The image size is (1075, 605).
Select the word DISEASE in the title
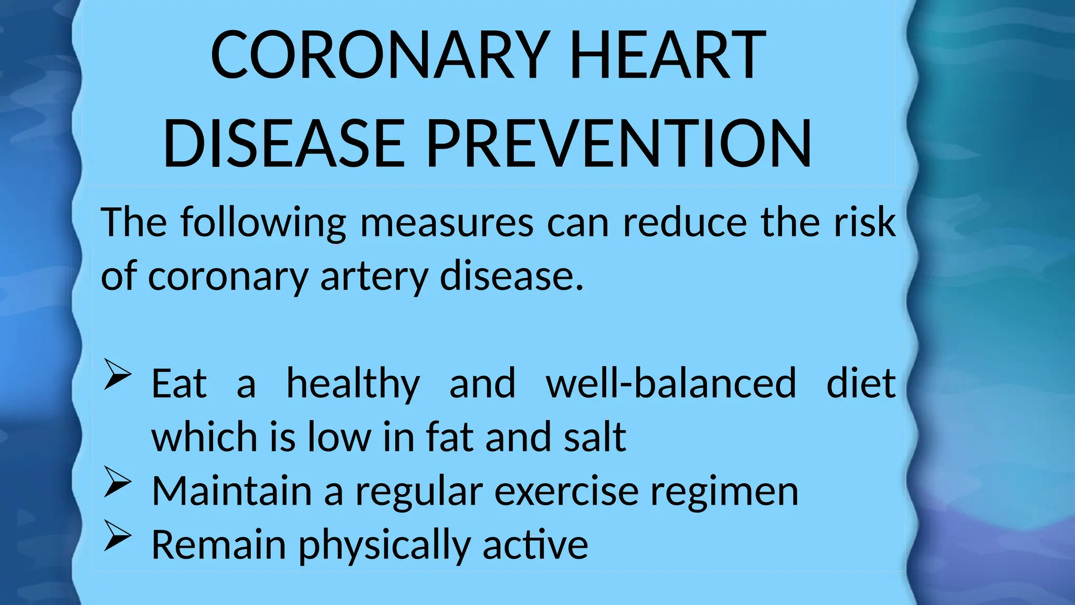284,143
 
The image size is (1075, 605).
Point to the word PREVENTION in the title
619,143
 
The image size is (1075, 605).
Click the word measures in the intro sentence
447,223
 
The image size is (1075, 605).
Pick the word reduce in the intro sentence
685,223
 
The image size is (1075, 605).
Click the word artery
374,277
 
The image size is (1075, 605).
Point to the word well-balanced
671,383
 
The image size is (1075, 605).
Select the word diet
861,383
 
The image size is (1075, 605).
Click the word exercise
566,492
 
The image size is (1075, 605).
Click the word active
535,545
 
